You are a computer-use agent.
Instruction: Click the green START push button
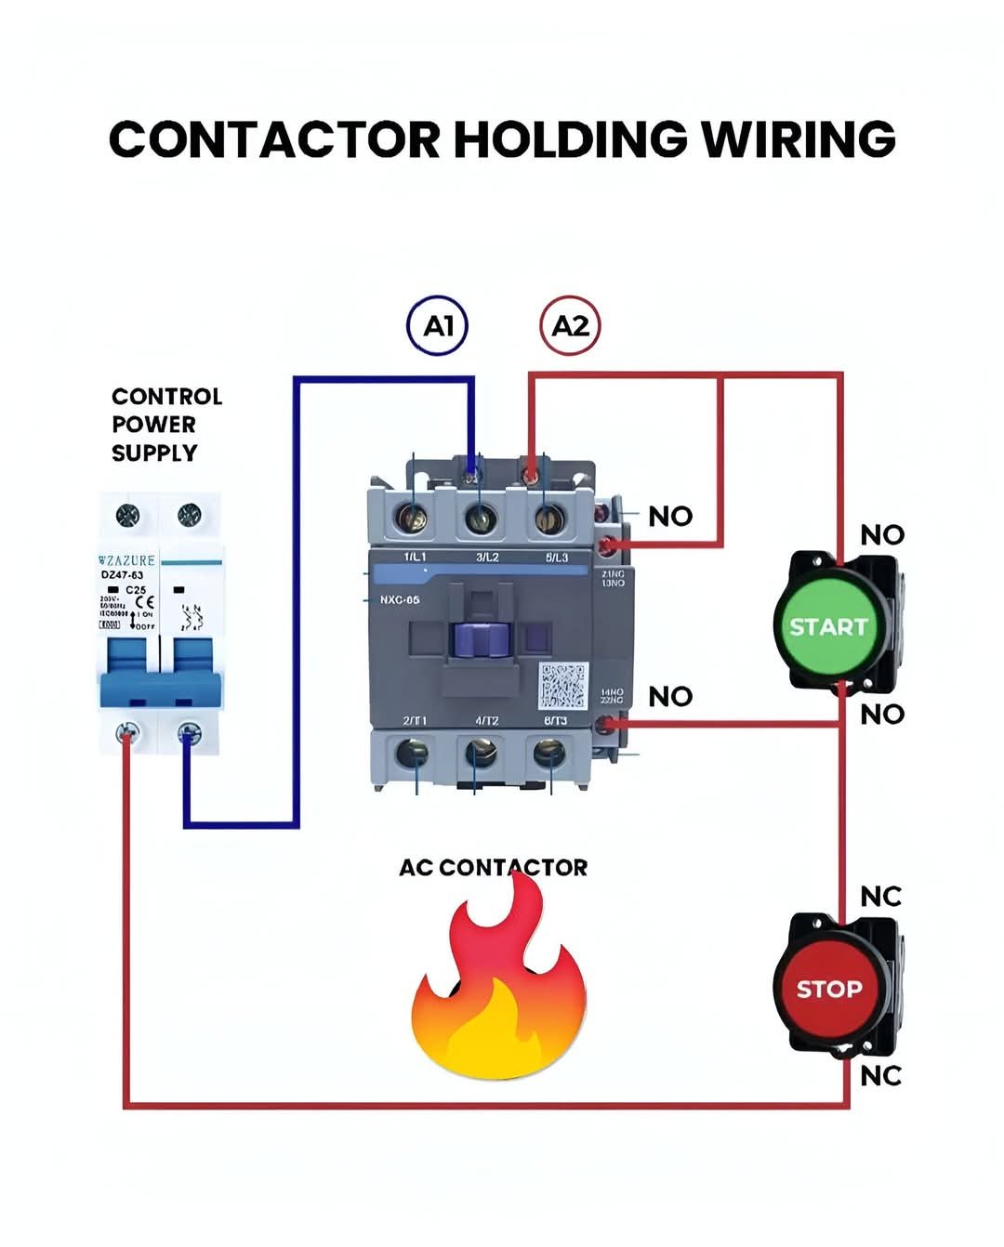826,625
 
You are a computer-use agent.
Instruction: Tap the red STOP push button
827,988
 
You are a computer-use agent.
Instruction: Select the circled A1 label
438,326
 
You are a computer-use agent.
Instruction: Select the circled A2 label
570,326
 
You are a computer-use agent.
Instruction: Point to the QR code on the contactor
562,685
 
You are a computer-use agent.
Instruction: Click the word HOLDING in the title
570,139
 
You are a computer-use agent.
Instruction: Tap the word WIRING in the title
799,139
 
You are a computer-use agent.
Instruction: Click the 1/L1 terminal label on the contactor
415,557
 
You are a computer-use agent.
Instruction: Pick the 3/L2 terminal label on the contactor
487,557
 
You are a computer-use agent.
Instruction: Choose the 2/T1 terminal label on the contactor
415,721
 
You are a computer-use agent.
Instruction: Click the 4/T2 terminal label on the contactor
487,721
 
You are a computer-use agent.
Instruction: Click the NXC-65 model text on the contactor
400,599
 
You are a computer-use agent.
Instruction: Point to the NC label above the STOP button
880,897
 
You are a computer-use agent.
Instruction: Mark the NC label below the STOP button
880,1075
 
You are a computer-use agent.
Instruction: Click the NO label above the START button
881,535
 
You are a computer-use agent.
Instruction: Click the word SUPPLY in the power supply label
154,453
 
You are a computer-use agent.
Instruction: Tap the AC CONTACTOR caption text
493,868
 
